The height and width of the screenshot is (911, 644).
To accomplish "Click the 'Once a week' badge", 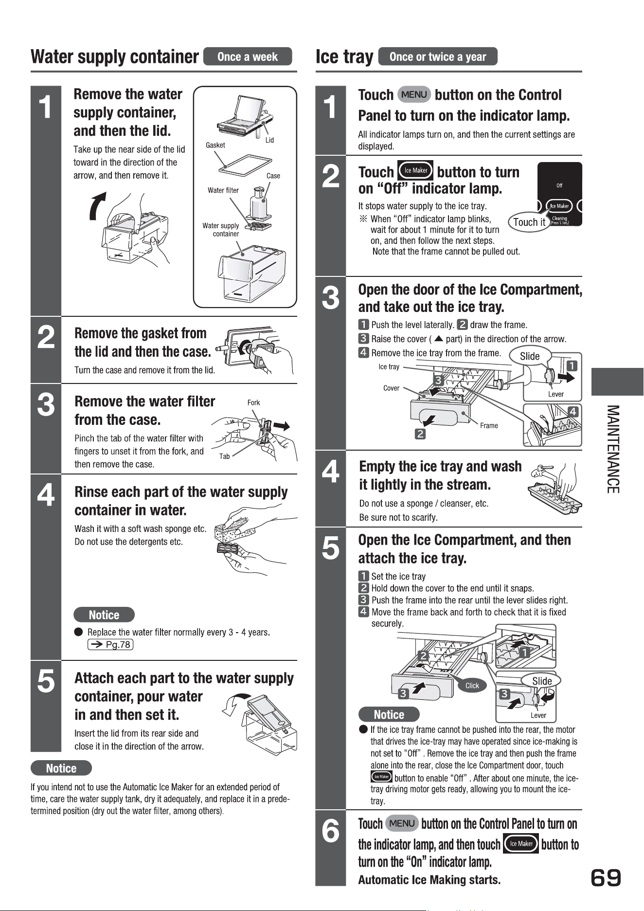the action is tap(248, 56).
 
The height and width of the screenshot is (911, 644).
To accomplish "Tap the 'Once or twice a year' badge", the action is tap(438, 56).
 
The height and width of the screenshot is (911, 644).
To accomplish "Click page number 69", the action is tap(606, 878).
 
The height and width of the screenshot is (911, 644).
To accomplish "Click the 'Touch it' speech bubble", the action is tap(529, 222).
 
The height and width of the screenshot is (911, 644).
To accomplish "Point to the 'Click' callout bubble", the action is tap(472, 686).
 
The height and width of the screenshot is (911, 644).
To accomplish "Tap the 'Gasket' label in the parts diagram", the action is tap(215, 145).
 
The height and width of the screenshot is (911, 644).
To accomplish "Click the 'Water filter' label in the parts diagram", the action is tap(223, 190).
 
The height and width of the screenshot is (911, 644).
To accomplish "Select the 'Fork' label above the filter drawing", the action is tap(253, 402).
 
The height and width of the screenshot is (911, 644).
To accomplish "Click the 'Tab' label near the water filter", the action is tap(224, 456).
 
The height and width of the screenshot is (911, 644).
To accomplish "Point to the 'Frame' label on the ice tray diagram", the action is tap(489, 425).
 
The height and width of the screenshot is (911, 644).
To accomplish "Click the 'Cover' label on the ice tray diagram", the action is tap(391, 388).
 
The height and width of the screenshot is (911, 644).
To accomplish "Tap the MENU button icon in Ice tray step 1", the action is tap(414, 94).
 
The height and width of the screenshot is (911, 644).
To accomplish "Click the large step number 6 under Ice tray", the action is tap(331, 831).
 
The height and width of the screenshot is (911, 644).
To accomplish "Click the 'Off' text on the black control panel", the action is tap(559, 185).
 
